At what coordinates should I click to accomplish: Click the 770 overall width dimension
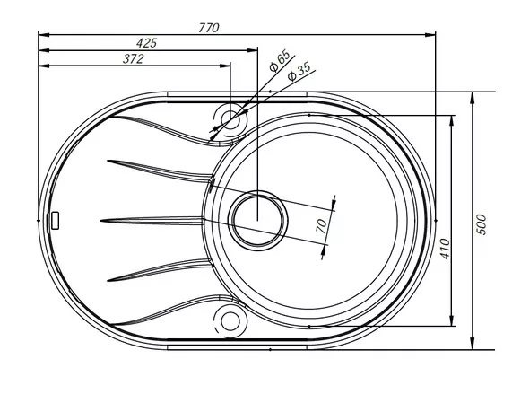[x=209, y=28]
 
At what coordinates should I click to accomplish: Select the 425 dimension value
[x=147, y=43]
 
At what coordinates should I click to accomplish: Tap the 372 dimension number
[x=134, y=59]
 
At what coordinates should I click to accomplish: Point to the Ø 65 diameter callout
[x=280, y=60]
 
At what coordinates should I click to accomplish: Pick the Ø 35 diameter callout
[x=299, y=72]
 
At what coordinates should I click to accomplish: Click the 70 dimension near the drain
[x=322, y=226]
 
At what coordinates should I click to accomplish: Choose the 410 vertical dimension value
[x=445, y=249]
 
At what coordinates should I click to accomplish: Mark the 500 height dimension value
[x=482, y=224]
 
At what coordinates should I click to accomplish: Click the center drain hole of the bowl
[x=257, y=221]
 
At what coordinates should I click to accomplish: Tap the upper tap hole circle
[x=230, y=119]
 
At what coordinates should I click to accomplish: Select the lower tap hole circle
[x=230, y=320]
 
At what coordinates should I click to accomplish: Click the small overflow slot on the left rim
[x=56, y=221]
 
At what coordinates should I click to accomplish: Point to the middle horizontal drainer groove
[x=152, y=221]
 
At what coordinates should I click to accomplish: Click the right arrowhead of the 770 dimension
[x=430, y=35]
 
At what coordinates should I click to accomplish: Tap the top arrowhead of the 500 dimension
[x=473, y=98]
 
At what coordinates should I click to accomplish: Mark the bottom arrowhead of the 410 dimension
[x=452, y=320]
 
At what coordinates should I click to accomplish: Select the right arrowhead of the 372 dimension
[x=225, y=66]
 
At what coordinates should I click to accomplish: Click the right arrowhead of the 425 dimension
[x=252, y=50]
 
